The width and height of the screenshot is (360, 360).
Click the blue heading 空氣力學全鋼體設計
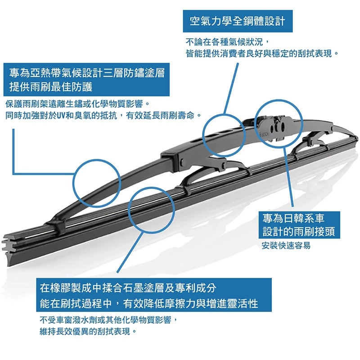pyautogui.click(x=238, y=21)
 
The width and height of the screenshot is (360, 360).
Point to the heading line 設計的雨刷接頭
pyautogui.click(x=299, y=232)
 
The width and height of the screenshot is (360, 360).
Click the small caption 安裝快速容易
pyautogui.click(x=286, y=246)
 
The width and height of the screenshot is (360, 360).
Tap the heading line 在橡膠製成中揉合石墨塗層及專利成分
pyautogui.click(x=135, y=288)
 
